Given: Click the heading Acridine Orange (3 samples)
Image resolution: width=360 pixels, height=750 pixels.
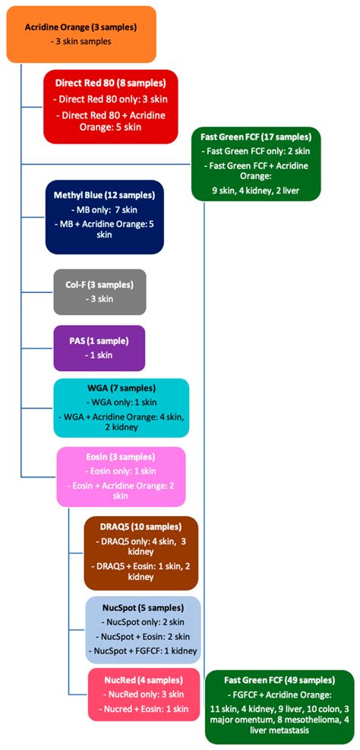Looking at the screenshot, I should [x=81, y=27].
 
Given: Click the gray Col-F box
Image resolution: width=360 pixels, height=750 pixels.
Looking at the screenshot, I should [x=99, y=291].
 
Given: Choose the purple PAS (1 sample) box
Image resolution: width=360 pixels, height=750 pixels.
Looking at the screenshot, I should [x=99, y=348].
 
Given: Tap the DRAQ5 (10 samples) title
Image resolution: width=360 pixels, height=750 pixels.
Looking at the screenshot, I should [x=141, y=527].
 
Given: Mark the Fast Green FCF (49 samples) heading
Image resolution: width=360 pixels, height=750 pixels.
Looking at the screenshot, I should [x=278, y=682].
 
